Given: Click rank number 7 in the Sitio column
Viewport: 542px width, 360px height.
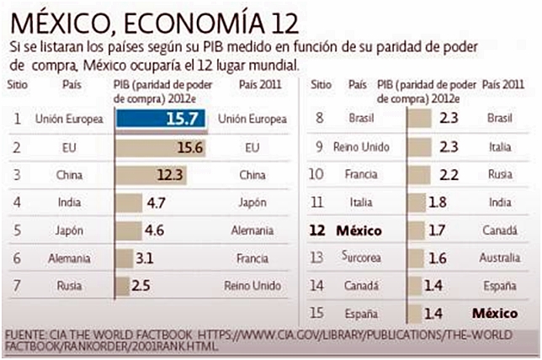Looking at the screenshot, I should point(18,285).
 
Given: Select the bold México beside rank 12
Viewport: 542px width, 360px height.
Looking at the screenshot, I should point(360,230).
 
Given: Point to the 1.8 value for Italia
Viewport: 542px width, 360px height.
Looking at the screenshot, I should point(438,203).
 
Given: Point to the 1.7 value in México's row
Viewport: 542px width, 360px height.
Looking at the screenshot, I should point(438,230).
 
